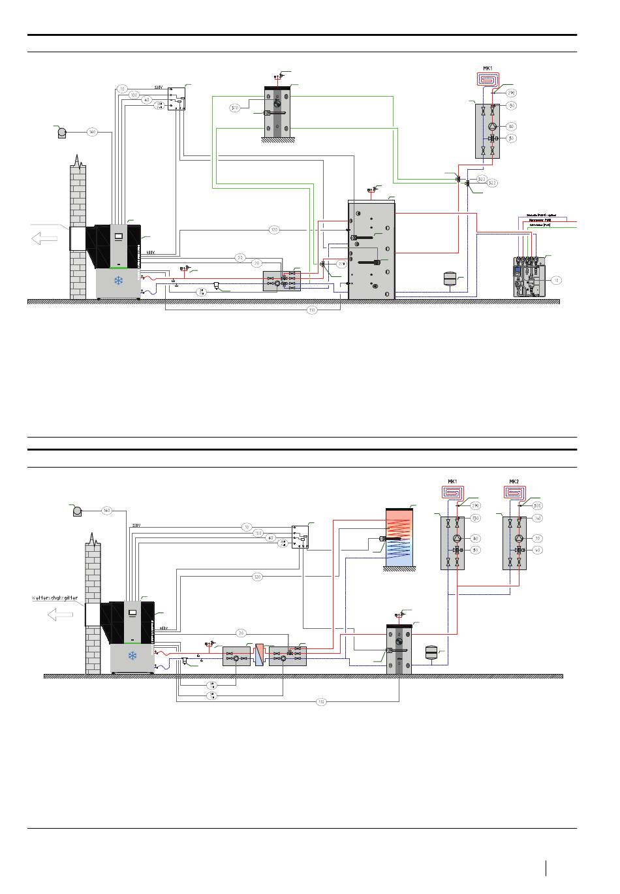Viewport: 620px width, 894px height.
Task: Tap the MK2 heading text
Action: point(514,482)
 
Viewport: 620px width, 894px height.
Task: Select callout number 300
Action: point(538,505)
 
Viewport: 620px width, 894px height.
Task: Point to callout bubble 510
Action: point(234,108)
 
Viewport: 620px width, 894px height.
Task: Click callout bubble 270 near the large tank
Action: point(341,264)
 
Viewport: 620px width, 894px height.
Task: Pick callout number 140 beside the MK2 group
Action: point(538,518)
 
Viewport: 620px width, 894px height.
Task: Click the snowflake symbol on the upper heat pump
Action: point(119,281)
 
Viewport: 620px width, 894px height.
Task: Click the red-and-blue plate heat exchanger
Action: point(259,654)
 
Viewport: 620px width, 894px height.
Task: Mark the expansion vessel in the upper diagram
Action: point(449,278)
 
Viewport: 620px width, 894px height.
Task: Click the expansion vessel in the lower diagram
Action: point(431,652)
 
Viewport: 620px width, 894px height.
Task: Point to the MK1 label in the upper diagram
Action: point(487,67)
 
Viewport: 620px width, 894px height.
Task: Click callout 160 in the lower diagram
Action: point(106,511)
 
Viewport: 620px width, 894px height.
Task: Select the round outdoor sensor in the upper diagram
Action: point(62,133)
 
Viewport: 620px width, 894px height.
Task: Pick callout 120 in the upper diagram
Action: point(274,229)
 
